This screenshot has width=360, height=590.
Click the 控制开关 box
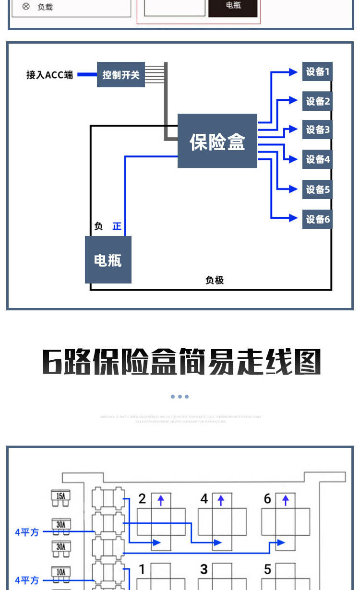coord(121,75)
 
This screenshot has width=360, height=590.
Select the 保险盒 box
coord(217,141)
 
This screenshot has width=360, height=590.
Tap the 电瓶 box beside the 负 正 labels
coord(108,260)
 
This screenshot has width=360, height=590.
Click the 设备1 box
coord(317,72)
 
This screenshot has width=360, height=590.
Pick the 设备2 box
coord(317,101)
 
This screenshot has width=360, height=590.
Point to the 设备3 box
coord(317,130)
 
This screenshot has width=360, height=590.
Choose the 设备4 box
coord(317,159)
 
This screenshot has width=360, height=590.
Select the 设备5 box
coord(317,189)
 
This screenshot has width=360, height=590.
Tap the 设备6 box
coord(317,219)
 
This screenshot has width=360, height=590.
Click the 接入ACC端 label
coord(50,75)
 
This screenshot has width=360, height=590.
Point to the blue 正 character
coord(117,226)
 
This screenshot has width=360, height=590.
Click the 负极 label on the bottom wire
coord(215,280)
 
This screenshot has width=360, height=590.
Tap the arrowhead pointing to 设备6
coord(293,217)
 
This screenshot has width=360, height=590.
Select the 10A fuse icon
coord(61,573)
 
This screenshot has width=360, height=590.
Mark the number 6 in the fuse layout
coord(267,499)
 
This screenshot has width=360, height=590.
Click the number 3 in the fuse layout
coord(204,569)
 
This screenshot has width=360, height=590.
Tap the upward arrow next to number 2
coord(160,500)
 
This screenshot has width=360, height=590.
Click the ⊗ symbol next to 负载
coord(26,7)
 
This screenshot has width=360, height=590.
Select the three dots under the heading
coord(180,397)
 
